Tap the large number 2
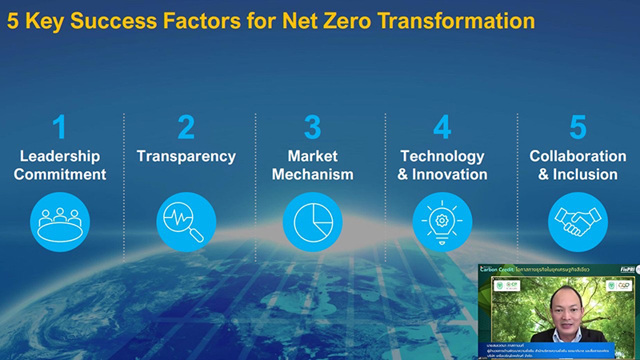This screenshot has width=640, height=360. pos(186,128)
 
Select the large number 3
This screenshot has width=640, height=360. pos(312,128)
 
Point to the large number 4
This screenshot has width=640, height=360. pos(442,128)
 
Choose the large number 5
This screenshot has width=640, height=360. pos(578,128)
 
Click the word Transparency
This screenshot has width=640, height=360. pos(186,157)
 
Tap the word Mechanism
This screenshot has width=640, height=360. pos(312,174)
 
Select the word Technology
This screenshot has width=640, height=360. pos(442,157)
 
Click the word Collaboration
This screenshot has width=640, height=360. pos(578,157)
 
